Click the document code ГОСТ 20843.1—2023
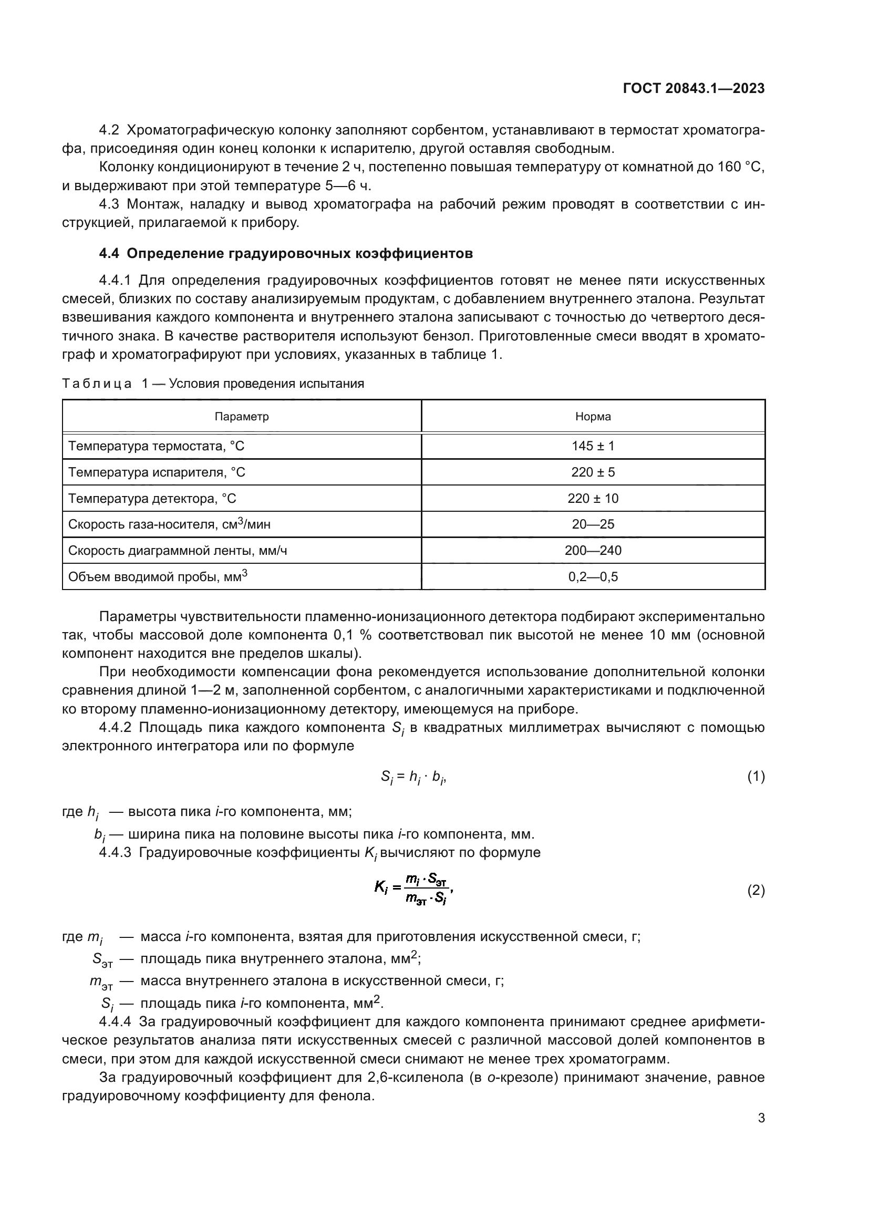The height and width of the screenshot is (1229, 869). tap(694, 89)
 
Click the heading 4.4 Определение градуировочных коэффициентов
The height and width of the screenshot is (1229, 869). tap(286, 254)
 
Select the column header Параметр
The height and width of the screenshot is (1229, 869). tap(241, 417)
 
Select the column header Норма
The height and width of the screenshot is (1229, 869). tap(593, 417)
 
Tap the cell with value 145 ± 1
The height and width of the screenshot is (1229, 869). tap(593, 446)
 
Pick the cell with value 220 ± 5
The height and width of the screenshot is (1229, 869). tap(593, 472)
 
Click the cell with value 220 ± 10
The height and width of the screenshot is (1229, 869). tap(593, 498)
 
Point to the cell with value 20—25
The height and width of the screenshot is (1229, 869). tap(593, 524)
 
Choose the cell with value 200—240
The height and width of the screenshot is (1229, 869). tap(593, 550)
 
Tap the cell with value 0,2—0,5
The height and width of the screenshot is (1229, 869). tap(593, 576)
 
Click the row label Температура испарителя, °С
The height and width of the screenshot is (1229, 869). tap(156, 472)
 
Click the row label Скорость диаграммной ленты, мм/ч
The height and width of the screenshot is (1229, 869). tap(177, 550)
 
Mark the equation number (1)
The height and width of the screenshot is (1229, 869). tap(756, 777)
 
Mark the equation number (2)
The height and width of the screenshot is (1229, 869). tap(756, 891)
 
